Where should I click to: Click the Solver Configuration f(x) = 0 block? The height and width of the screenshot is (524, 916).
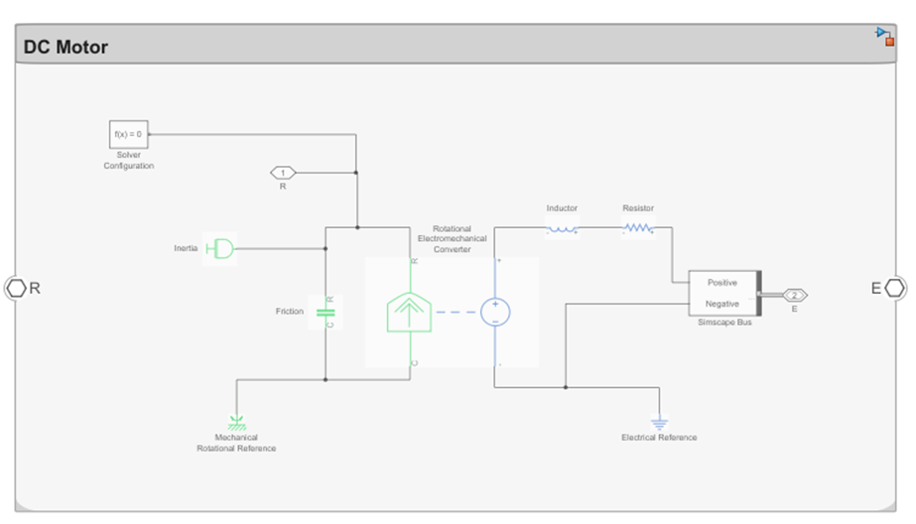tap(129, 134)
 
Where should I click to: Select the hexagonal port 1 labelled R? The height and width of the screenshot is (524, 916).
tap(283, 173)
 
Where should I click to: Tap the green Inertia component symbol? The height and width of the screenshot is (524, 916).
tap(219, 249)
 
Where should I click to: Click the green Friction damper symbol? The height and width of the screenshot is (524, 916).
tap(326, 312)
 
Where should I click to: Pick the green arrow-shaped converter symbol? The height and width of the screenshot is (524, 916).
tap(409, 313)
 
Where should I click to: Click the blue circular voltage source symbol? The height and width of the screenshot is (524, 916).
tap(495, 312)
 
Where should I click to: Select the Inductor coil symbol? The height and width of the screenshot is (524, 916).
tap(562, 228)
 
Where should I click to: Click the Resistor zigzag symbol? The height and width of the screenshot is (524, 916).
tap(638, 228)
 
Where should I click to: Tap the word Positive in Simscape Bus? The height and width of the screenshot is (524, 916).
tap(722, 283)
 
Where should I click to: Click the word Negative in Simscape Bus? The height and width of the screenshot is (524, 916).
tap(722, 304)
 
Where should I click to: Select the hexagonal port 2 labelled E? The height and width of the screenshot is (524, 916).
tap(795, 295)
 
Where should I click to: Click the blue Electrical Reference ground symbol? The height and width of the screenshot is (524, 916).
tap(660, 423)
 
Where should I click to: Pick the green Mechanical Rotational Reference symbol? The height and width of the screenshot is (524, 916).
tap(236, 423)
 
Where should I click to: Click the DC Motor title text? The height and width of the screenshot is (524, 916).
tap(65, 47)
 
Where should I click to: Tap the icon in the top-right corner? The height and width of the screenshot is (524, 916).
tap(885, 36)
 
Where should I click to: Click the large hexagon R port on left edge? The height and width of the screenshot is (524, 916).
tap(16, 288)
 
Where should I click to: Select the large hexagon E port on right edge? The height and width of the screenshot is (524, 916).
tap(895, 288)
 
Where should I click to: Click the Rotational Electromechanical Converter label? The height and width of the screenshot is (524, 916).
tap(453, 239)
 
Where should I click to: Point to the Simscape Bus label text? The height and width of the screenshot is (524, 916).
tap(724, 323)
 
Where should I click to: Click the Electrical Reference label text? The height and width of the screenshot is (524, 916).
tap(659, 438)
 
